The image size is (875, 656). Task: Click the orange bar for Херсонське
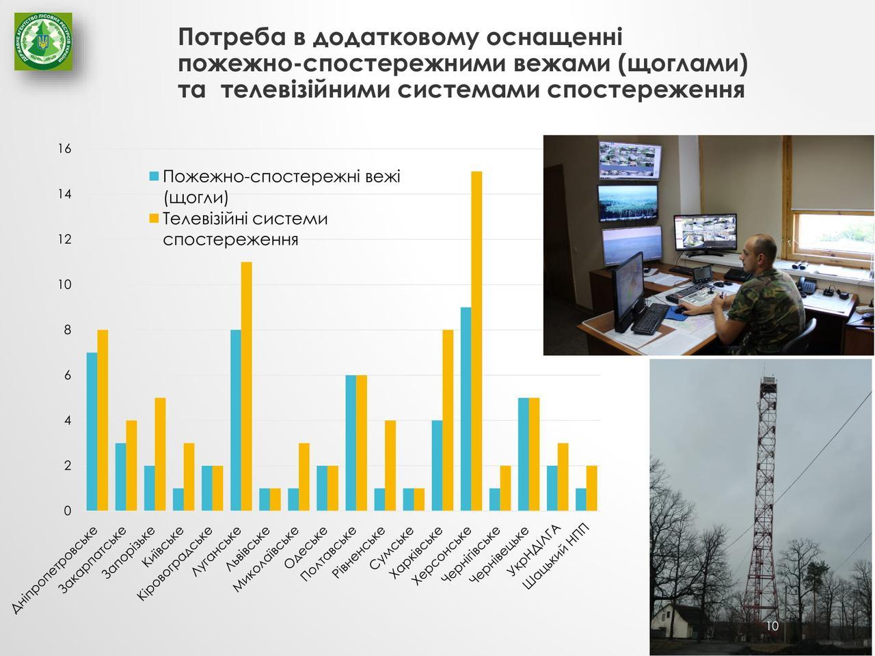coord(476,341)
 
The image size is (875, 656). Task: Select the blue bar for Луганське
coord(236,420)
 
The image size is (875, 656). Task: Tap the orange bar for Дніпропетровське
coord(103,420)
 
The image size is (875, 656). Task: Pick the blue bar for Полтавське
coord(351,443)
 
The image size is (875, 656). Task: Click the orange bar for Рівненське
coord(390,465)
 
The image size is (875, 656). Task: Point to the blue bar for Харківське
coord(437,465)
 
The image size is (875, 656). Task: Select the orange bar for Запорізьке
coord(160,454)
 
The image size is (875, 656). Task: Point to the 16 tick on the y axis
coord(64,149)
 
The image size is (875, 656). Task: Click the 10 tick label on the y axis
coord(64,285)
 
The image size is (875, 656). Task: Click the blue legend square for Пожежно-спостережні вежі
coord(154,176)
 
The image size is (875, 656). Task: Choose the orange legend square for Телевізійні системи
coord(154,219)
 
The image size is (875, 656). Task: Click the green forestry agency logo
coord(44,42)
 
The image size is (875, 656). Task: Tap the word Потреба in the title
coord(232,38)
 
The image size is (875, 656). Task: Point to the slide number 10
coord(772,626)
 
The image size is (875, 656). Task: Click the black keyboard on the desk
coord(650,318)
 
